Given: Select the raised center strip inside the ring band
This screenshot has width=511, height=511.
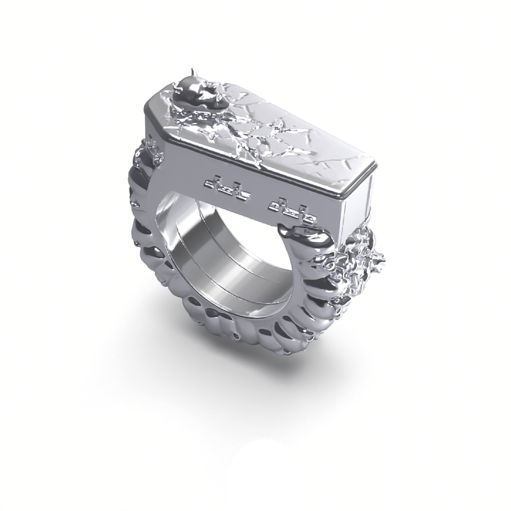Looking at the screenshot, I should tap(216, 261).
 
